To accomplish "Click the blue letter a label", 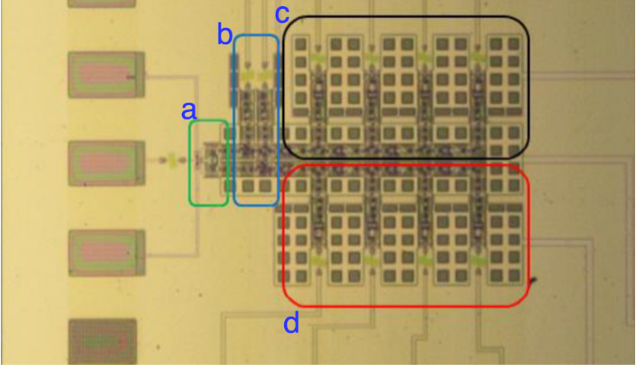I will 188,110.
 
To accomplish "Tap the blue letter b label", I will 224,34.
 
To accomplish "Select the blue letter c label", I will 282,13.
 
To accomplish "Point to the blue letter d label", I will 291,324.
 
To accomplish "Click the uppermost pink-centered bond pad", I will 106,74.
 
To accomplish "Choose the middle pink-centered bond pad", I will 106,161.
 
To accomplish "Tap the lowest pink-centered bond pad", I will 106,251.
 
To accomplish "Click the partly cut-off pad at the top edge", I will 101,3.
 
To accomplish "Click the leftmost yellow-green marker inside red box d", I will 318,260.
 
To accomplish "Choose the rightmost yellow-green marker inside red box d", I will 478,260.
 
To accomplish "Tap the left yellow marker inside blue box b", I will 248,75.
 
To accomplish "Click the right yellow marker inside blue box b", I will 265,75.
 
